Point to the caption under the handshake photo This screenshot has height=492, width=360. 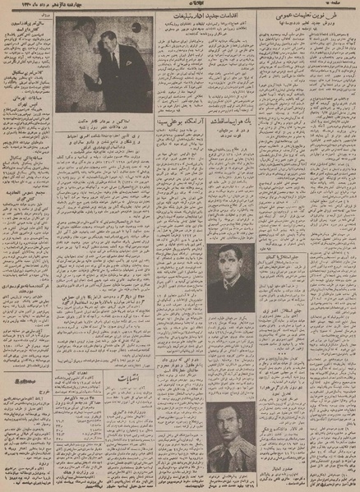pyautogui.click(x=103, y=122)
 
